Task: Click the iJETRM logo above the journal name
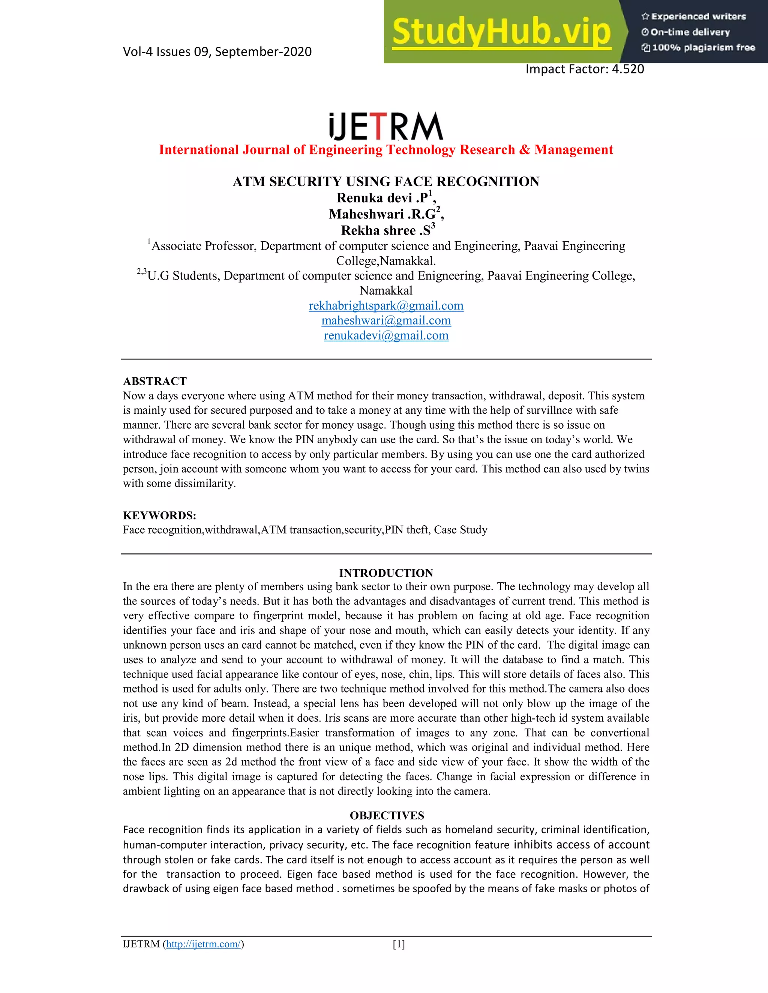[386, 126]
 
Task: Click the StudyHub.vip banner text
[501, 32]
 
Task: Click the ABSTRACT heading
[155, 381]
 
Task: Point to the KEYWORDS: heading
[159, 515]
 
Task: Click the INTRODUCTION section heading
[386, 573]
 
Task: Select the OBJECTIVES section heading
[387, 815]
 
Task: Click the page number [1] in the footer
[399, 944]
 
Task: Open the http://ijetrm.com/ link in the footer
[203, 944]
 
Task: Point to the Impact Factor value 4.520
[628, 69]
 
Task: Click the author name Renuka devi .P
[382, 198]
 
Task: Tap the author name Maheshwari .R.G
[382, 214]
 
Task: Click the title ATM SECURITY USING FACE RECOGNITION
[386, 181]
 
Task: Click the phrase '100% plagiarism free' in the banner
[703, 48]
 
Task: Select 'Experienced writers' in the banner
[698, 17]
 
